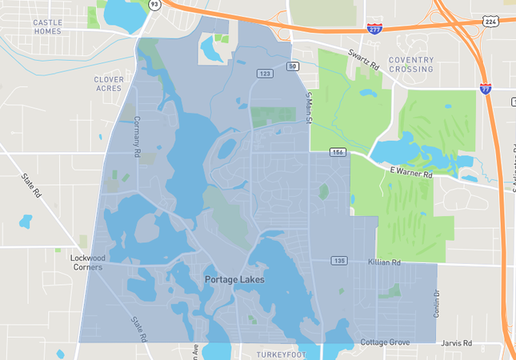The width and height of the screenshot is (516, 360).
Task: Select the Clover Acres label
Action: click(x=109, y=83)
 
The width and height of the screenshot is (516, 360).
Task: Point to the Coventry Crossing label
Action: click(x=411, y=64)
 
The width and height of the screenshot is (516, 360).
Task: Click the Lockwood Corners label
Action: click(x=88, y=263)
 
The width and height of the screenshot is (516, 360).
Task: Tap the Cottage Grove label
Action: click(x=385, y=342)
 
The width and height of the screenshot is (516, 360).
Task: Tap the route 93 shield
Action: click(x=154, y=4)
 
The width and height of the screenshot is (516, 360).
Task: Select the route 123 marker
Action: click(x=265, y=74)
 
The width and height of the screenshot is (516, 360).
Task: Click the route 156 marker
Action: click(x=338, y=152)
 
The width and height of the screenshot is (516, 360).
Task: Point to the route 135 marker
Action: click(x=339, y=261)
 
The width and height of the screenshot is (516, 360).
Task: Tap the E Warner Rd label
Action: click(x=411, y=171)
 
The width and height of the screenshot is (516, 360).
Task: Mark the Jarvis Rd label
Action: click(x=456, y=342)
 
